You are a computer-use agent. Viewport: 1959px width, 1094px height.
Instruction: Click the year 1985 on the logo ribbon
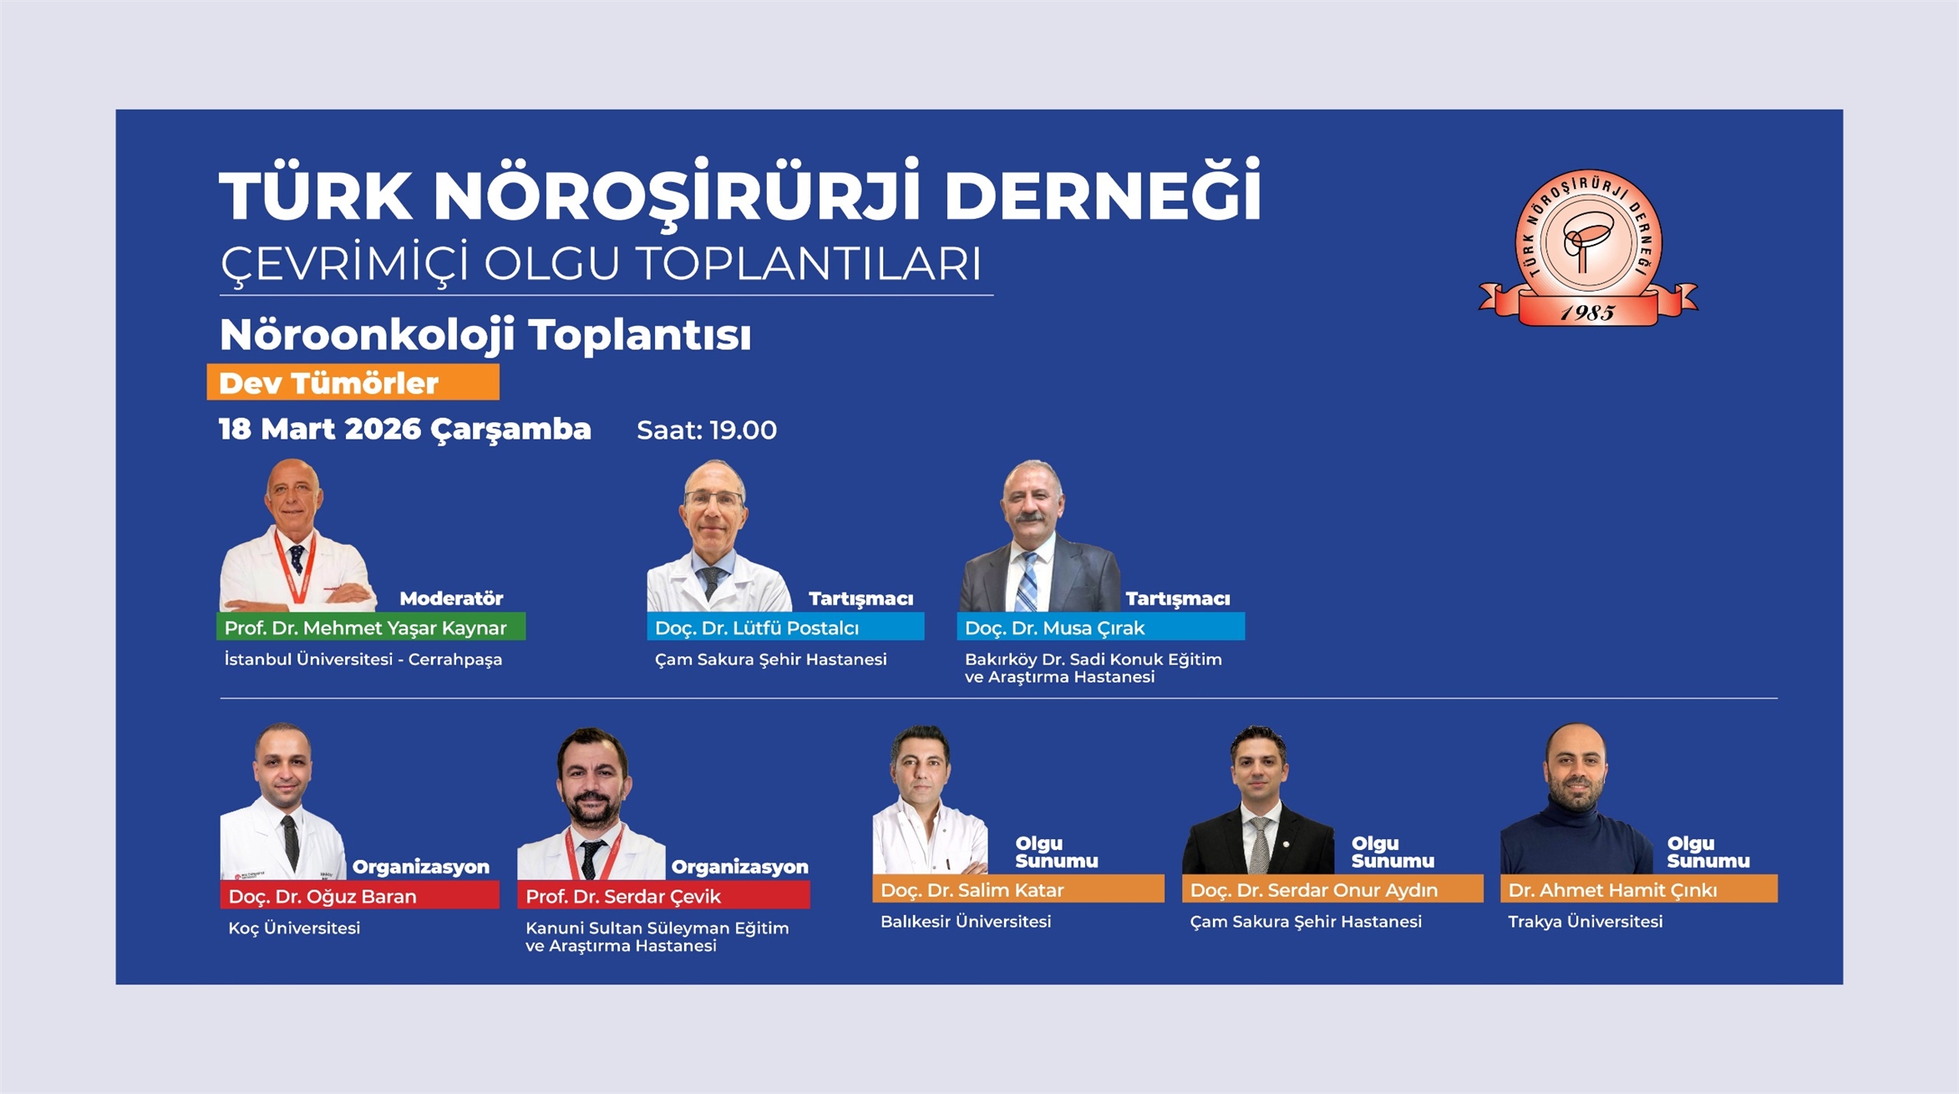1587,313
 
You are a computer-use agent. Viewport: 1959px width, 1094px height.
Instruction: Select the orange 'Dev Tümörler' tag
353,383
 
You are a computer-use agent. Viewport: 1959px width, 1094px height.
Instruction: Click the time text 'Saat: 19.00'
707,430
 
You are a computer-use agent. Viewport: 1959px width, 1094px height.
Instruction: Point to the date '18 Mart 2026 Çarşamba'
405,430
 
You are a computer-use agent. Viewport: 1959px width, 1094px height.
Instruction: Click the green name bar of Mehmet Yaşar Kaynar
371,627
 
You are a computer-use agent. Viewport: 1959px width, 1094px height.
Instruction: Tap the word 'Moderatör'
451,598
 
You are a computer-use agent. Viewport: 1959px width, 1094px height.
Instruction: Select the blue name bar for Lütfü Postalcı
785,627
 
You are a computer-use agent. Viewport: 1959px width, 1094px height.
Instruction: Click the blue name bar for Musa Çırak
1100,627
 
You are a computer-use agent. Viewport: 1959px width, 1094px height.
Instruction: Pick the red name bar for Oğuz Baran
360,895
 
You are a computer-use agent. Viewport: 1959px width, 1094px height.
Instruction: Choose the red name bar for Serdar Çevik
663,895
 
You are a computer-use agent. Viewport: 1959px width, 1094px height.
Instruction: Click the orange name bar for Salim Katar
1018,889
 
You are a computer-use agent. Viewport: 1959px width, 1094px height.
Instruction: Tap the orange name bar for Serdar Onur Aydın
1332,889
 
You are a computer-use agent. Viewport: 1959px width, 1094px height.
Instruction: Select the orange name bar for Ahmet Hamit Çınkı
1639,889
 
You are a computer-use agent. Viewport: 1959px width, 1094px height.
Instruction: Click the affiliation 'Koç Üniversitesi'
294,928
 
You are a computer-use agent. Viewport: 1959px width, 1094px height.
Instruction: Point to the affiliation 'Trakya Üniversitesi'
1586,921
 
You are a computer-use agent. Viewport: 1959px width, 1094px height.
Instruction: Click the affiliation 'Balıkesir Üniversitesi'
966,921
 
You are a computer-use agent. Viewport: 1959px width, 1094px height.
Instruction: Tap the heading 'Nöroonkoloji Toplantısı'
485,335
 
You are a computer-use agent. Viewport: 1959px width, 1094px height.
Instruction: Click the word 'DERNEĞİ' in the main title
1102,192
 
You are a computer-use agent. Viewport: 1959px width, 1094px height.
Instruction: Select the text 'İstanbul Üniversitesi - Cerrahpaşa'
363,659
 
